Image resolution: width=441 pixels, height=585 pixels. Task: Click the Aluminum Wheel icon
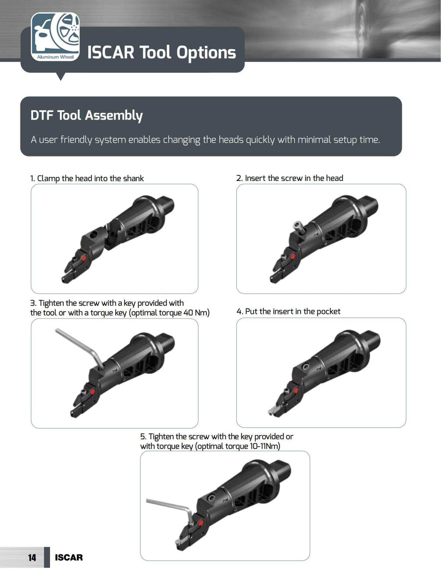(x=55, y=37)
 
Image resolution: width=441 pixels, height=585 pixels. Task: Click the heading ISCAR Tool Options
(x=161, y=52)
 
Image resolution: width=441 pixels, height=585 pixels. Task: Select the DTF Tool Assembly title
(x=87, y=116)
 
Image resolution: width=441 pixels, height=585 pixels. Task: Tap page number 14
(x=32, y=557)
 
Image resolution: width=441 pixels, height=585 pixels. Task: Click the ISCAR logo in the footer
(x=69, y=557)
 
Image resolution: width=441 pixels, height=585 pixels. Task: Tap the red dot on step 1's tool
(x=84, y=258)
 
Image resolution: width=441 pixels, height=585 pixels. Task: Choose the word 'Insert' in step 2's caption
(x=255, y=178)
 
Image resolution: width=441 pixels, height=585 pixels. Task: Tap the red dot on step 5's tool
(x=201, y=523)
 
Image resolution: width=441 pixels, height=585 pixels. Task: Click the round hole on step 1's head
(x=94, y=235)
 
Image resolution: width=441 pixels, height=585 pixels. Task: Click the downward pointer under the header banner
(x=61, y=76)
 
